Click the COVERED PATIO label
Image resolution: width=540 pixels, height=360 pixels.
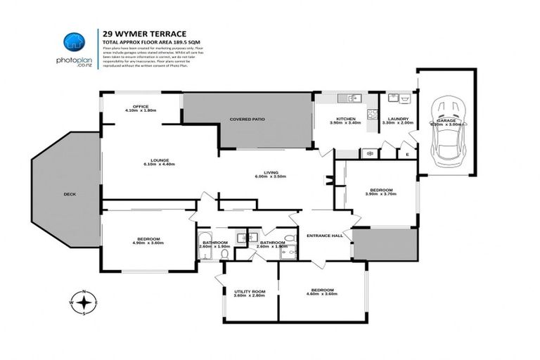click(247, 120)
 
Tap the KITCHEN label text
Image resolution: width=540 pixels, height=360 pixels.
click(345, 119)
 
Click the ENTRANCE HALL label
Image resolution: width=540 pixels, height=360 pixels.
click(325, 236)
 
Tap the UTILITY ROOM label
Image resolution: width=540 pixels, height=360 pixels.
click(249, 291)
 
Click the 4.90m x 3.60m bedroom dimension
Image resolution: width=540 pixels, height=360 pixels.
click(148, 243)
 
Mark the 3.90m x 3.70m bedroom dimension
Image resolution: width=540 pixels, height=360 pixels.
click(381, 194)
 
